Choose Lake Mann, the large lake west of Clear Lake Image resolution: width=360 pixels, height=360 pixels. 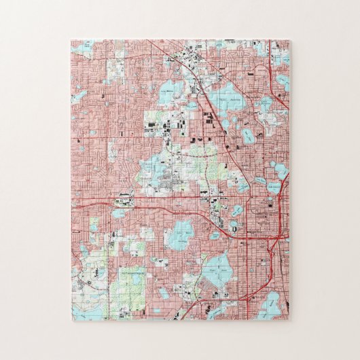click(x=182, y=234)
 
